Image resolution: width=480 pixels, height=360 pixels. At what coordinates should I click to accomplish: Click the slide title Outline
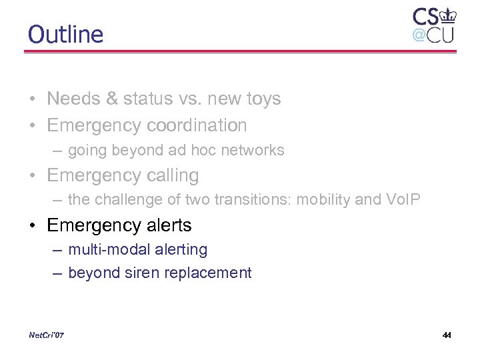pyautogui.click(x=65, y=34)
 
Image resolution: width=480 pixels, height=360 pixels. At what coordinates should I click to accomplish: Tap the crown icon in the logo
pyautogui.click(x=447, y=15)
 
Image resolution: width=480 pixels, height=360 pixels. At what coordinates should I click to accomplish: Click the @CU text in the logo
pyautogui.click(x=433, y=34)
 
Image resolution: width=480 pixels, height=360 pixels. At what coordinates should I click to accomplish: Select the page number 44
pyautogui.click(x=447, y=335)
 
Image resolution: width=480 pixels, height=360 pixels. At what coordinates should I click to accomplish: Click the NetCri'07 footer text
pyautogui.click(x=47, y=335)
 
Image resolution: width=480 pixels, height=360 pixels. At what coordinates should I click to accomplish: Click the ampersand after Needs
pyautogui.click(x=112, y=99)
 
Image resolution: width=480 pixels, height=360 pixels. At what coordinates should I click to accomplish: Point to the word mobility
pyautogui.click(x=325, y=199)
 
